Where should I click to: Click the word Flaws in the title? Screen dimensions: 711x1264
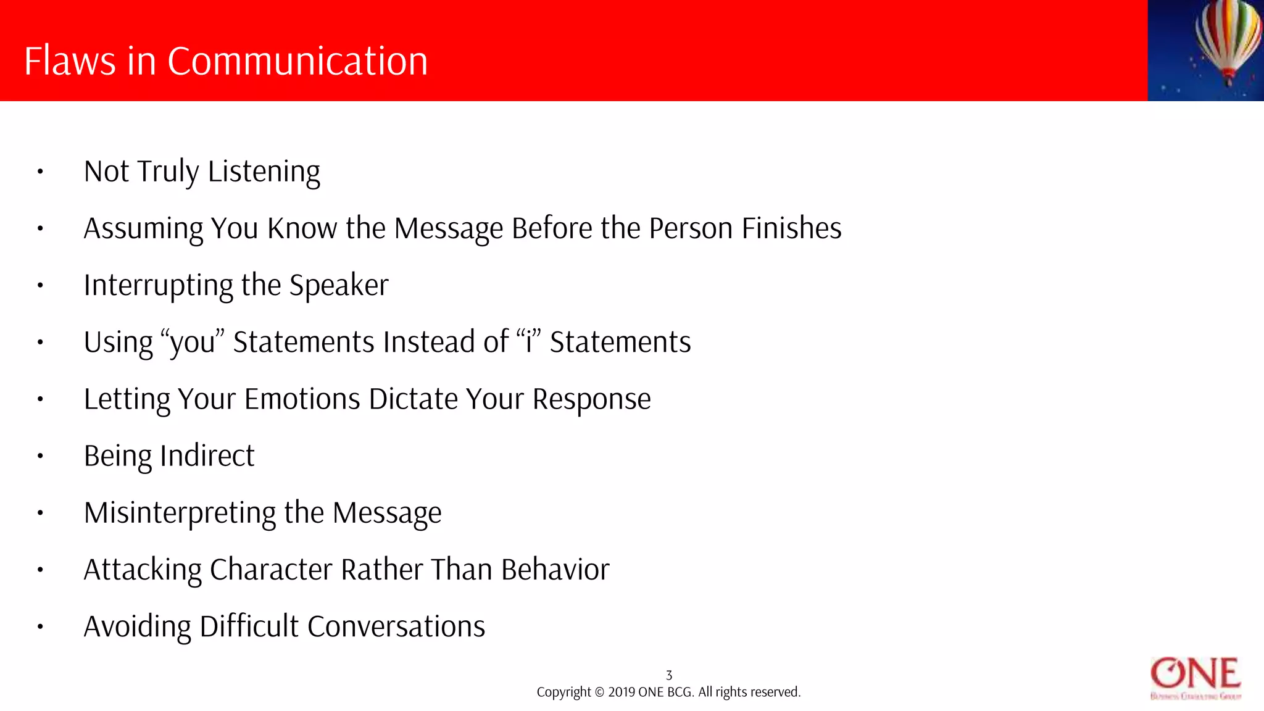pos(70,61)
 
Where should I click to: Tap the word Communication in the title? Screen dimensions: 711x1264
pos(297,61)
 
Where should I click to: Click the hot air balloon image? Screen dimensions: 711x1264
pos(1226,41)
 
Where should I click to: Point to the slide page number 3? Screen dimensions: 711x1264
pos(669,675)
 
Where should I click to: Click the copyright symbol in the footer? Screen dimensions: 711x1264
pos(599,692)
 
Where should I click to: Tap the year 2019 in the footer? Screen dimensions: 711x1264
pos(622,692)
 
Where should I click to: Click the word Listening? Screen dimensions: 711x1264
pos(264,172)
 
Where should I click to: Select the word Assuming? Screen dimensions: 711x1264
pos(143,229)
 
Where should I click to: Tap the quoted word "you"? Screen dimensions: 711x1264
pos(192,343)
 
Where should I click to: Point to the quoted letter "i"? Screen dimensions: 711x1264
pos(529,342)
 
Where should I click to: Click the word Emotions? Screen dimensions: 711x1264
pos(302,399)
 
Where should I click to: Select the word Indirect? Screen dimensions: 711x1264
pos(207,456)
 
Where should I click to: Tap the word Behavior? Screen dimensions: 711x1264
pos(555,570)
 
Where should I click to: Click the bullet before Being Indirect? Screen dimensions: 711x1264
pos(40,457)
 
